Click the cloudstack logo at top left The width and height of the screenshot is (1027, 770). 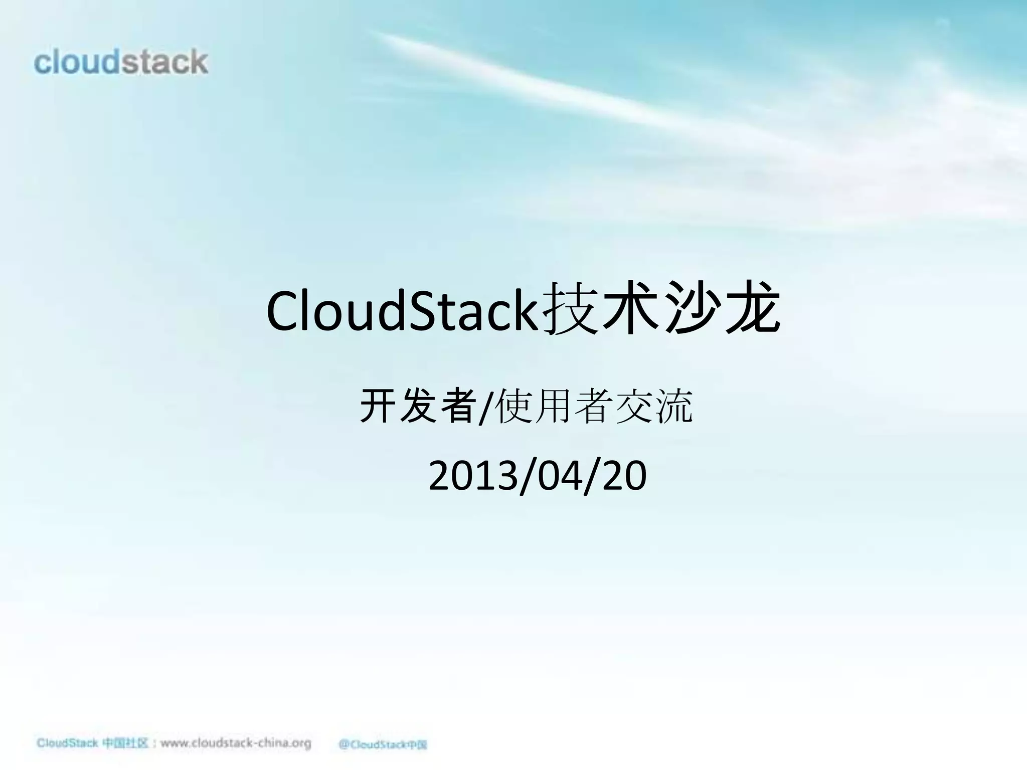click(121, 63)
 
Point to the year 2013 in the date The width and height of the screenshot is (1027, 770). click(473, 477)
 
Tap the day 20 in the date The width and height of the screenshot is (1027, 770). click(624, 477)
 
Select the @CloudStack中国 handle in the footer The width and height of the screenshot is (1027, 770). click(383, 744)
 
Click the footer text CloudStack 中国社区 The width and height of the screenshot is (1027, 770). click(92, 743)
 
